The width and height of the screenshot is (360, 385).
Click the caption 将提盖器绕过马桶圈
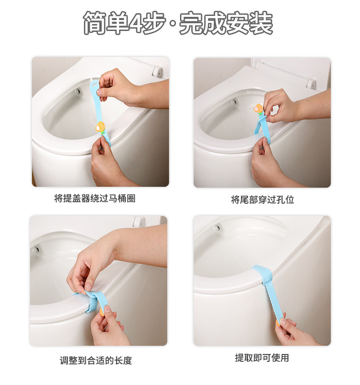pyautogui.click(x=95, y=199)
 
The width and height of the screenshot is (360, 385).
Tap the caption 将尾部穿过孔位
pyautogui.click(x=262, y=200)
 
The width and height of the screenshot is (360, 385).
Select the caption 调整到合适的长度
pyautogui.click(x=96, y=360)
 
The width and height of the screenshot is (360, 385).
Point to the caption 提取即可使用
pyautogui.click(x=262, y=358)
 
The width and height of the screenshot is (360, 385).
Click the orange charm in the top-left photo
pyautogui.click(x=99, y=127)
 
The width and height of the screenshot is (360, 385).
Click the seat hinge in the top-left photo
pyautogui.click(x=157, y=71)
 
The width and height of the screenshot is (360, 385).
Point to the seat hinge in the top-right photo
pyautogui.click(x=311, y=83)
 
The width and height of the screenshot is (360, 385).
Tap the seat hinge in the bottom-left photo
pyautogui.click(x=138, y=222)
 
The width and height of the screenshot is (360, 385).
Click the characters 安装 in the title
pyautogui.click(x=250, y=24)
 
